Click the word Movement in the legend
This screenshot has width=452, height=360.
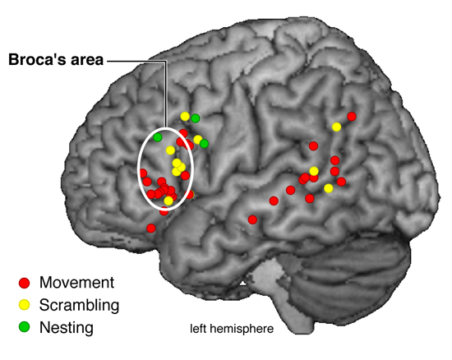(x=76, y=283)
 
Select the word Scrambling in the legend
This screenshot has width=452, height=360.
(x=79, y=305)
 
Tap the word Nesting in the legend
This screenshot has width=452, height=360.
(x=67, y=328)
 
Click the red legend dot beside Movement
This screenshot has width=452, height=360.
(x=24, y=283)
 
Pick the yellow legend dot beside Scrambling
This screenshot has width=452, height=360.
(x=24, y=305)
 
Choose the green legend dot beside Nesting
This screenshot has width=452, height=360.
(x=24, y=327)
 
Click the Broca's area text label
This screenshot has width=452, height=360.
(x=56, y=60)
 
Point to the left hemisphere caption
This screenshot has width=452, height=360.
(x=232, y=329)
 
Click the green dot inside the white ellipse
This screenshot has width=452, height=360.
(x=158, y=137)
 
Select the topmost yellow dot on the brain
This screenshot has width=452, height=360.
(x=185, y=117)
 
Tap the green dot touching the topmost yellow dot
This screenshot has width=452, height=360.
(x=195, y=118)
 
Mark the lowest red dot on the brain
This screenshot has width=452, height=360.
(x=151, y=228)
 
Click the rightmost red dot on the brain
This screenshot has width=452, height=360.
(x=352, y=117)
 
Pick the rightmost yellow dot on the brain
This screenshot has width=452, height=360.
(x=336, y=127)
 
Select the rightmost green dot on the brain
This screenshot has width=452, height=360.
(x=204, y=144)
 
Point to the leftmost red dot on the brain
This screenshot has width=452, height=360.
(x=143, y=173)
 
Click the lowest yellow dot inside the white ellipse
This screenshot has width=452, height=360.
(x=168, y=201)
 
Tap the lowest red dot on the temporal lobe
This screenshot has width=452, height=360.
(x=252, y=219)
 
